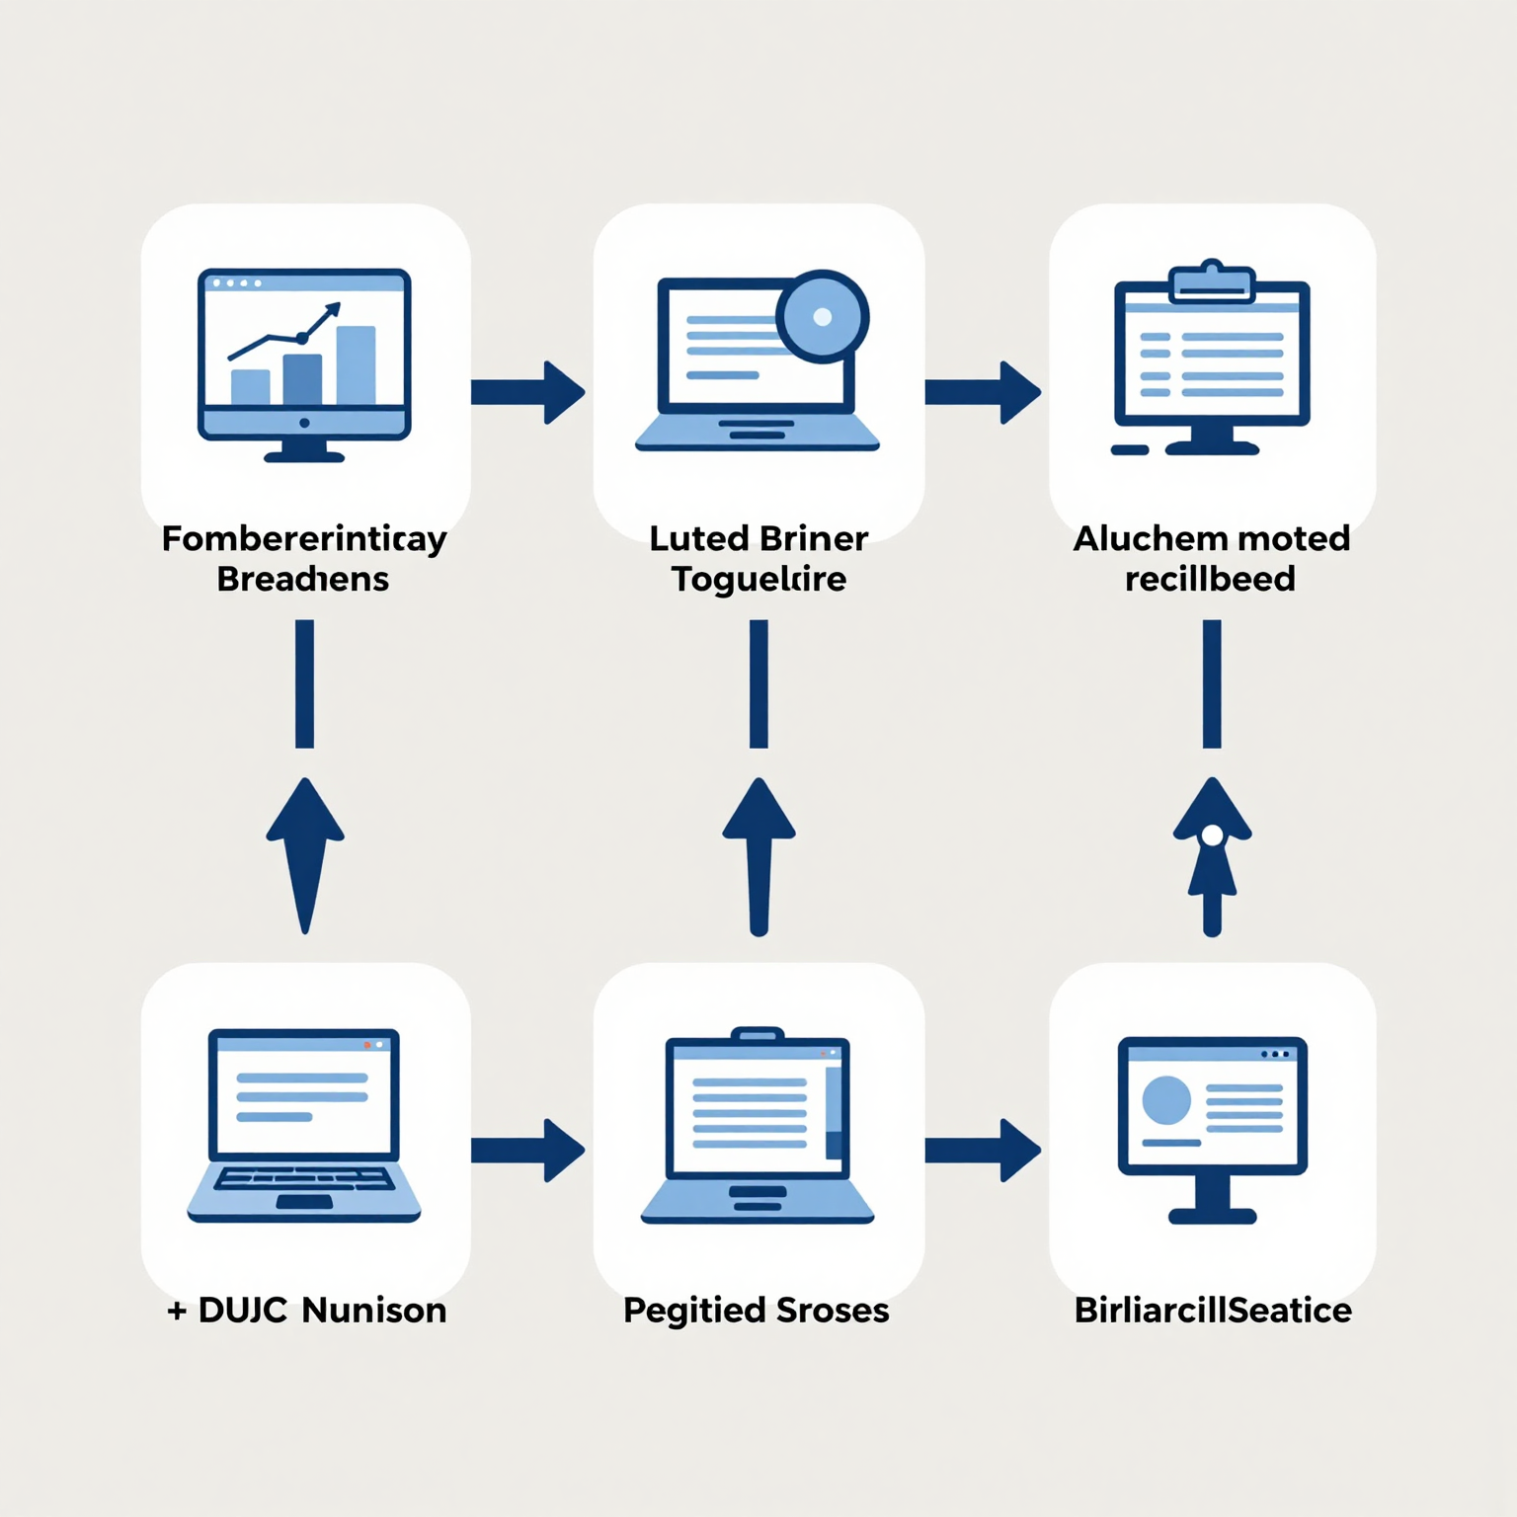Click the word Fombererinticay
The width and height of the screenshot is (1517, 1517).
pos(304,539)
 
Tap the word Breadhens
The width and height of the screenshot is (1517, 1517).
pos(303,579)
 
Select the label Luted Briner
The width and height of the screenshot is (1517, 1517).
pos(758,538)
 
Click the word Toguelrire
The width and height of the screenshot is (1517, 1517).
pos(758,579)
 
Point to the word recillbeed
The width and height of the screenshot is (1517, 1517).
pos(1210,579)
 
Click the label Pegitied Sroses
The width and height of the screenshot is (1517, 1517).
pos(757,1311)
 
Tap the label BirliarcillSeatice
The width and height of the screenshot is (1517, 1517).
pos(1213,1311)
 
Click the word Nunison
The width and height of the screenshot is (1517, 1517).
pos(374,1311)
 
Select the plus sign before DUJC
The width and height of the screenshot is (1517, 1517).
pos(177,1312)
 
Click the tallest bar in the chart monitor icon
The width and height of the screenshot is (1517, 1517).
pos(356,364)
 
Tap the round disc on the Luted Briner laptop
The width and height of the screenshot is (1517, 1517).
pos(822,317)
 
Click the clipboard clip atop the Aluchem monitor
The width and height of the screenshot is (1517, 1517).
pos(1212,282)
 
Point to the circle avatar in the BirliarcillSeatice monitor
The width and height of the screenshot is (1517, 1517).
pos(1166,1099)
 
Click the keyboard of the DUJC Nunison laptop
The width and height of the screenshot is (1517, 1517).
pos(304,1179)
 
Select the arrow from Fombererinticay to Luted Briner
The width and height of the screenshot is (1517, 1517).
pos(527,392)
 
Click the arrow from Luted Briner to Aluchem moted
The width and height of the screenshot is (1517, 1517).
pos(983,392)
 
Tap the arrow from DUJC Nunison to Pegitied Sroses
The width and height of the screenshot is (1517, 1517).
pos(527,1150)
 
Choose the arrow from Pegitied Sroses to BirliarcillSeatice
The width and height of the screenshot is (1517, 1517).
pos(983,1150)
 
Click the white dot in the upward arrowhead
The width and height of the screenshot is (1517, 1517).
pos(1212,837)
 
